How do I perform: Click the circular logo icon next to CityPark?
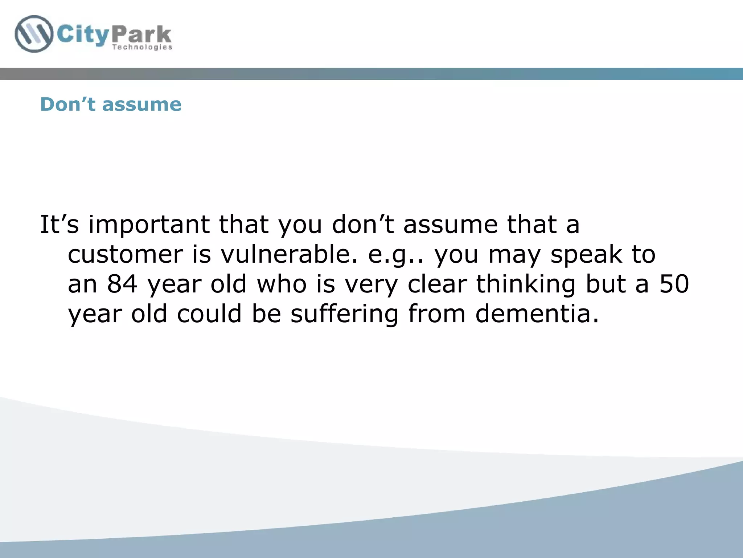(x=34, y=34)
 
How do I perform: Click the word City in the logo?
(x=83, y=35)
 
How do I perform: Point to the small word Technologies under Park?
(x=142, y=47)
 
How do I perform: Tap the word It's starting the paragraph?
(x=59, y=224)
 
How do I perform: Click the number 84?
(x=122, y=284)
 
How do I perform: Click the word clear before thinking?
(x=437, y=284)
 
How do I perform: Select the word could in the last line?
(x=209, y=314)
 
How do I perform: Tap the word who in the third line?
(x=282, y=284)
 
